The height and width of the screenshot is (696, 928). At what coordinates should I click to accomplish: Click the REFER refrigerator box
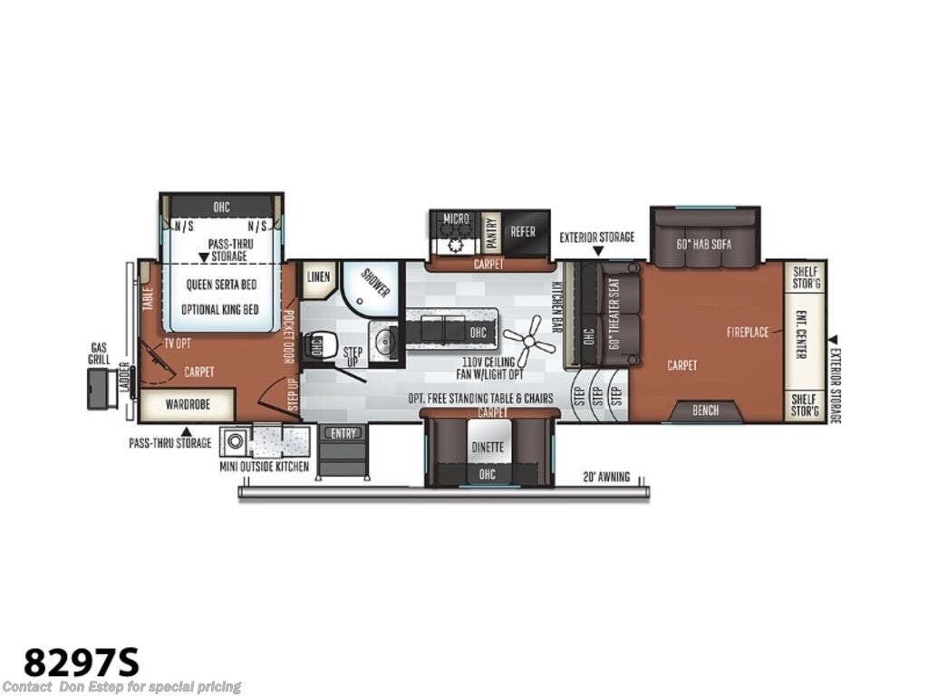pos(523,232)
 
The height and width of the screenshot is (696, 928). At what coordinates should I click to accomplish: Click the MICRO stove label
pos(456,218)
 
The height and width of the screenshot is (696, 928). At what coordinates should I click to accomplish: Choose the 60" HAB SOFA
pos(704,244)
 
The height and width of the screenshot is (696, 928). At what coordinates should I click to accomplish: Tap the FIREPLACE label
pos(748,333)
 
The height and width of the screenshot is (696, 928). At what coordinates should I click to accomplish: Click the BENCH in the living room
pos(705,411)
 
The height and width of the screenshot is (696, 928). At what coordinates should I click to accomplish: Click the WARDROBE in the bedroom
pos(187,404)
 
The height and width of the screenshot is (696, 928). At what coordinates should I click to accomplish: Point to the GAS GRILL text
pos(100,353)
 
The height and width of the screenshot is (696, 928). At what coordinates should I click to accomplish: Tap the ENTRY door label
pos(343,433)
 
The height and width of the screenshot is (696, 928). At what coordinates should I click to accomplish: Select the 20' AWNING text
pos(607,477)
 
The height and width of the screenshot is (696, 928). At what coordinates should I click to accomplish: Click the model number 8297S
pos(82,662)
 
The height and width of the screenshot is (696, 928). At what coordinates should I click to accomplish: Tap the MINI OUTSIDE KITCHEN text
pos(265,467)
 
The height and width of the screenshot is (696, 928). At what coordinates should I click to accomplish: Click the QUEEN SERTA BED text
pos(222,284)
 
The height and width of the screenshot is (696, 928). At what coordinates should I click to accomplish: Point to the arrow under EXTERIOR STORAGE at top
pos(597,250)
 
